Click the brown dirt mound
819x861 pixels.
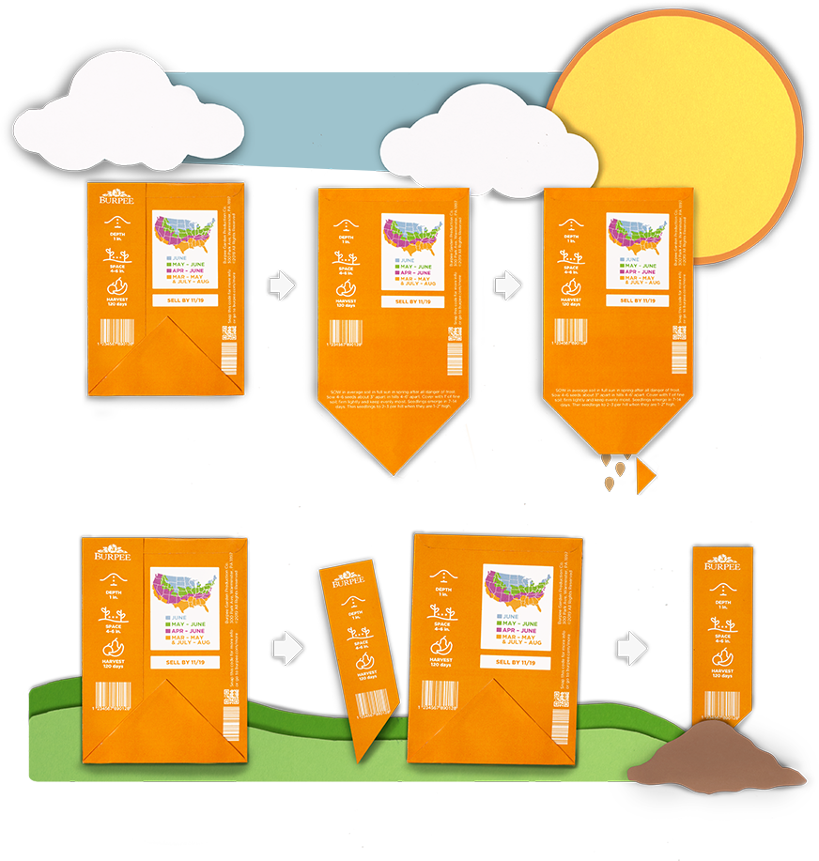click(719, 755)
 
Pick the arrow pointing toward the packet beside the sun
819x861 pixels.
click(508, 284)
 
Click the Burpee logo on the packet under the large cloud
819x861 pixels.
click(112, 200)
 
